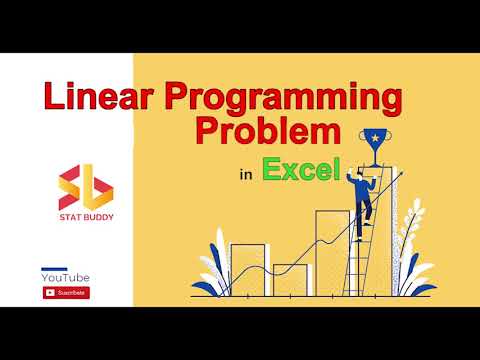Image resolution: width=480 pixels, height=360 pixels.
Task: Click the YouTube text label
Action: pos(66,277)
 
